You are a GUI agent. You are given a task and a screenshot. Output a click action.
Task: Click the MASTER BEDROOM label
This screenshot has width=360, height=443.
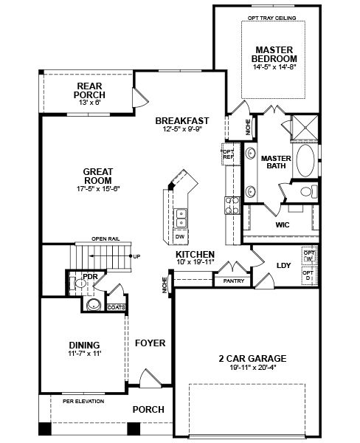point(277,54)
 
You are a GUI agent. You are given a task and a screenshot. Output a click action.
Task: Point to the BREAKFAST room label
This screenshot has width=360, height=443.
point(181,121)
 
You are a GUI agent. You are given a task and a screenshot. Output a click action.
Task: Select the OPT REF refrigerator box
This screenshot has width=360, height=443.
point(227,154)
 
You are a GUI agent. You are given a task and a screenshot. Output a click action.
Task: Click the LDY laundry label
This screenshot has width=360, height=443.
point(283,266)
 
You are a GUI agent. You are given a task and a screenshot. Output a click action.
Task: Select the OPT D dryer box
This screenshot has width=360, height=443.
point(308,275)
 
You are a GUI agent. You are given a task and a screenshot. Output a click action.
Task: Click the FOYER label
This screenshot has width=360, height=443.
point(150,343)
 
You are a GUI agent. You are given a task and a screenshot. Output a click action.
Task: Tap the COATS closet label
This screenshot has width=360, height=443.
point(116,307)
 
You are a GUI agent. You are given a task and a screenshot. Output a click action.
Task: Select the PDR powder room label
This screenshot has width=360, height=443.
point(91,277)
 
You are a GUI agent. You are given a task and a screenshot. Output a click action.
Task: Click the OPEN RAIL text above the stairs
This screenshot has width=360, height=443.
point(105,238)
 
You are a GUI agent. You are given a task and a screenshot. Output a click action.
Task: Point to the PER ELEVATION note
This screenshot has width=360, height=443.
point(83,402)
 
